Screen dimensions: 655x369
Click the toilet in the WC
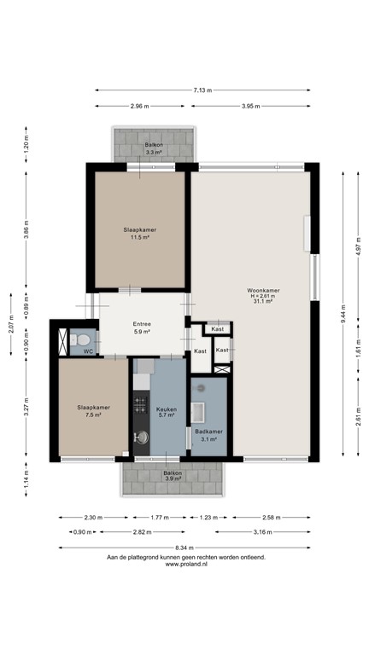tap(85, 339)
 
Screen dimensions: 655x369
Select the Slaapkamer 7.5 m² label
tap(93, 411)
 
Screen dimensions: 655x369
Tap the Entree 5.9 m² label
tap(142, 327)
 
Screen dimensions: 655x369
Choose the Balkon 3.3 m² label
tap(155, 148)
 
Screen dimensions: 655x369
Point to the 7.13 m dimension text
tap(202, 90)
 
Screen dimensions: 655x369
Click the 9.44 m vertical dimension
tap(344, 312)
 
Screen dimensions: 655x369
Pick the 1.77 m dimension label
tap(159, 517)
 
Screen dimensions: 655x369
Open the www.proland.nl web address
tap(185, 564)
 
